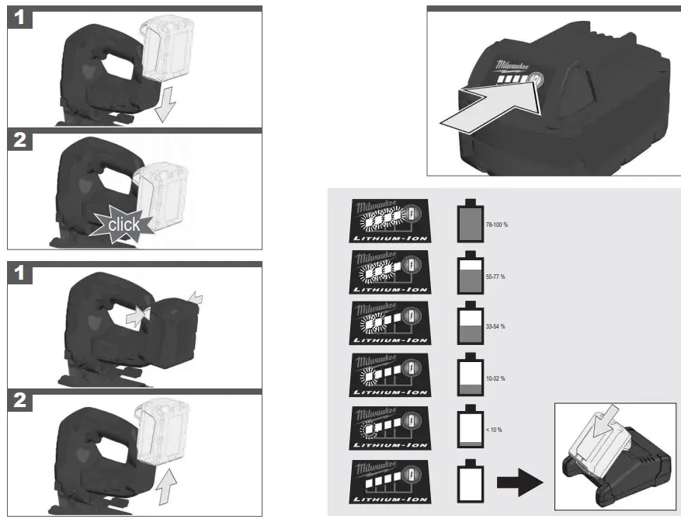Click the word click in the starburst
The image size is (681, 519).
click(x=123, y=225)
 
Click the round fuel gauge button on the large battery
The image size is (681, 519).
click(x=535, y=79)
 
